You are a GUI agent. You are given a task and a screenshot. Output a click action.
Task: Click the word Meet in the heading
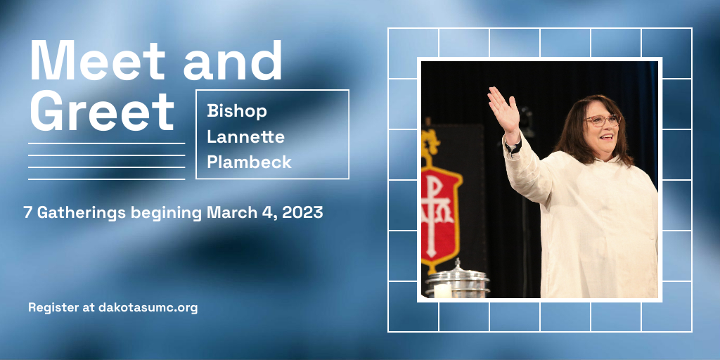tap(97, 60)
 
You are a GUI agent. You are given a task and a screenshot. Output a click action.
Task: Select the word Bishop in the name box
tap(237, 112)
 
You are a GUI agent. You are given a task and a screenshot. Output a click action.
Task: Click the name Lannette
tap(245, 136)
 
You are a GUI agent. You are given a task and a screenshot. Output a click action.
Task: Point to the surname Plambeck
tap(250, 162)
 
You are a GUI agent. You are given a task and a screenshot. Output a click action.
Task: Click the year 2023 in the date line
tap(302, 212)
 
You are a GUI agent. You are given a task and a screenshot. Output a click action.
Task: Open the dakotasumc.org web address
tap(148, 308)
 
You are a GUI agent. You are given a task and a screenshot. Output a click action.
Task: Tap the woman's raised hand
tap(503, 110)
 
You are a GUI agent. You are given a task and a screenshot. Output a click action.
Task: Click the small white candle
tap(442, 290)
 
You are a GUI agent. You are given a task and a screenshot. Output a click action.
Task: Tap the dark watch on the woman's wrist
tap(513, 147)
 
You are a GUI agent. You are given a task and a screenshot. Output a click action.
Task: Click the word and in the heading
tap(233, 60)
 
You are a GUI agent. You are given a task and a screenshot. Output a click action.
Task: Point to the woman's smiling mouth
tap(606, 137)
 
